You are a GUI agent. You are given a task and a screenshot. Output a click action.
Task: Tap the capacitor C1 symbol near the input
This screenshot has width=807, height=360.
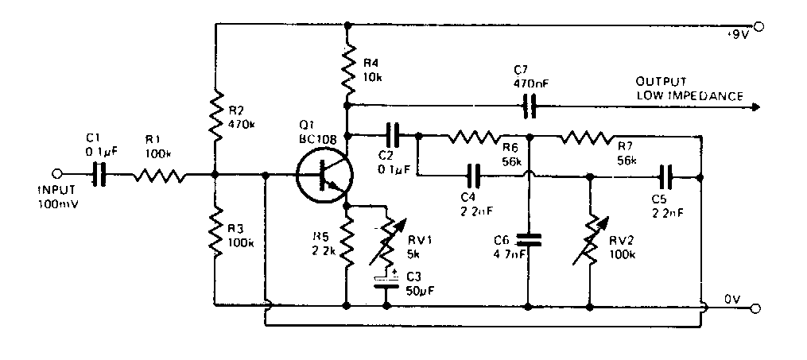tap(100, 175)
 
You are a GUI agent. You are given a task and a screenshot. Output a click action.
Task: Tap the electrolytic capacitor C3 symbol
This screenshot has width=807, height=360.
tap(387, 281)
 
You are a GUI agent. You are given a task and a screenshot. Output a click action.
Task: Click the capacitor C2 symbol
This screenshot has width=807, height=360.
tap(394, 134)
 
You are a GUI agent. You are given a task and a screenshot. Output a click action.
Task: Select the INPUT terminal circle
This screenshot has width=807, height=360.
tap(56, 175)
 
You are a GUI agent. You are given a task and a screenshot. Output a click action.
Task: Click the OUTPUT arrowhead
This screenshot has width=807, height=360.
tap(753, 104)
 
